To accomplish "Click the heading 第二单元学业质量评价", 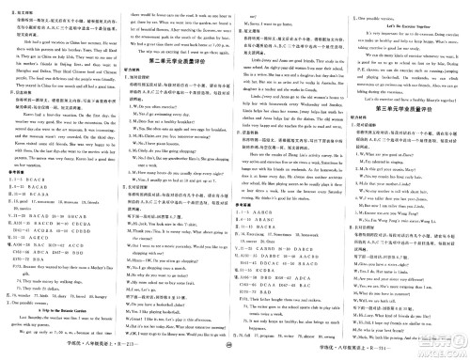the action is pos(235,59).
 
